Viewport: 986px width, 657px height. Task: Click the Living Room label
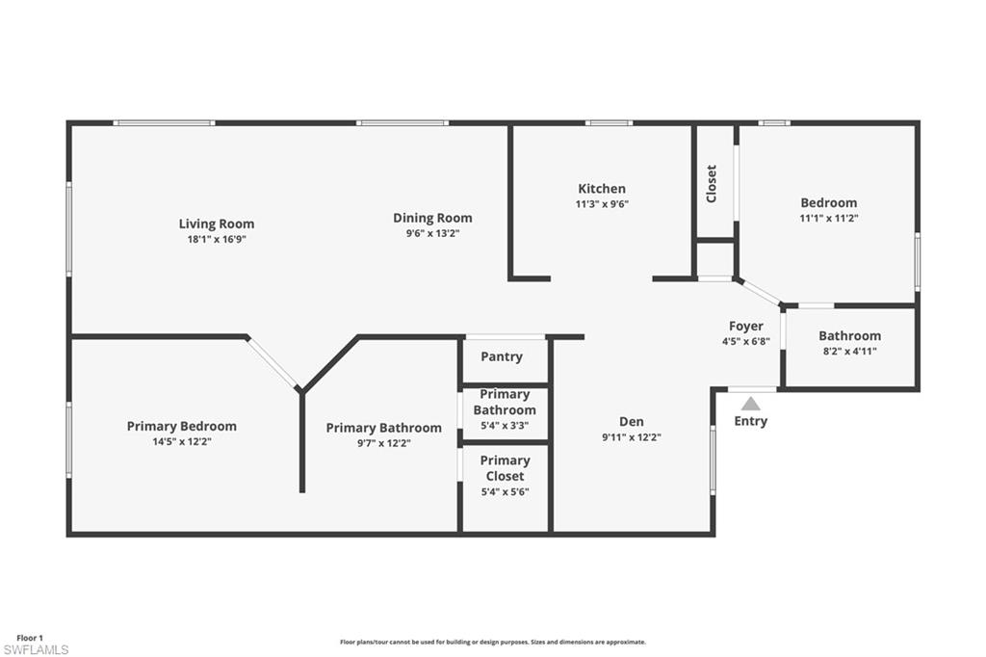click(217, 223)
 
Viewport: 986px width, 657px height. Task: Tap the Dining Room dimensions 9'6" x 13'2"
click(432, 232)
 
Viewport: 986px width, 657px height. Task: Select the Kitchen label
click(602, 189)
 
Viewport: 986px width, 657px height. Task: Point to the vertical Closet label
click(712, 183)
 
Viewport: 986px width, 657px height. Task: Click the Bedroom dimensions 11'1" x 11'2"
click(829, 218)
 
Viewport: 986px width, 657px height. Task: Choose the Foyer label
click(745, 327)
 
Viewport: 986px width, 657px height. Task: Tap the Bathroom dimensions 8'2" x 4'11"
click(849, 351)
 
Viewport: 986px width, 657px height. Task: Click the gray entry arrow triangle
click(750, 404)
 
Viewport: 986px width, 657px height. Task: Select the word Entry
click(750, 421)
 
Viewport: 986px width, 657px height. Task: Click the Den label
click(632, 421)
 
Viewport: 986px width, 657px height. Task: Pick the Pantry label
click(502, 356)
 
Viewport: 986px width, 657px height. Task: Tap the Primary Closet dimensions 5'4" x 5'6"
click(505, 491)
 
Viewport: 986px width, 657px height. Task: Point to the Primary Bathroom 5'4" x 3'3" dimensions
click(505, 426)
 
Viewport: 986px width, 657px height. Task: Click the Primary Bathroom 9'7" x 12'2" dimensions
click(383, 443)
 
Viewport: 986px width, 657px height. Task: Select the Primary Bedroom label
click(181, 426)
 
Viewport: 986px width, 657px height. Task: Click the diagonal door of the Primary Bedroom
click(272, 363)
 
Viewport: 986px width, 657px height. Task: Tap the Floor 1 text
click(30, 638)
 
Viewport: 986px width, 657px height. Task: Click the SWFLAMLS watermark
click(36, 649)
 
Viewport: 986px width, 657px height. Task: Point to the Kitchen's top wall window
click(609, 122)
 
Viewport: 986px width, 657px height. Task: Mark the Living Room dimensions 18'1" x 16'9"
click(217, 239)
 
